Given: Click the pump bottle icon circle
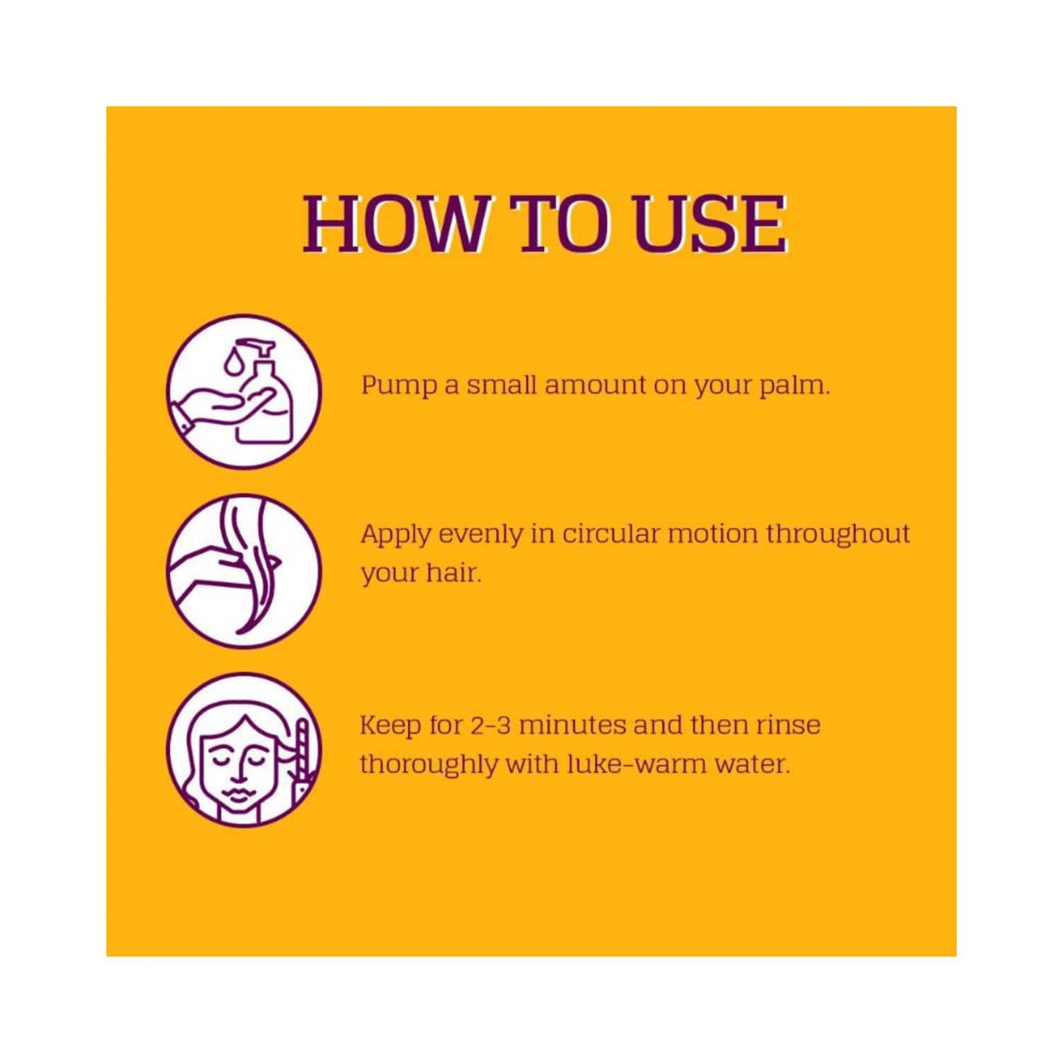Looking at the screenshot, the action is (x=243, y=391).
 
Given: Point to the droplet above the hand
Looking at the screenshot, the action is (x=231, y=361).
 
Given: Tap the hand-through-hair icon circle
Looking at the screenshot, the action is (x=243, y=570).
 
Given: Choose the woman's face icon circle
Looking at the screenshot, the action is (x=243, y=749).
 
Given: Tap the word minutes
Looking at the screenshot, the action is (x=573, y=725).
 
